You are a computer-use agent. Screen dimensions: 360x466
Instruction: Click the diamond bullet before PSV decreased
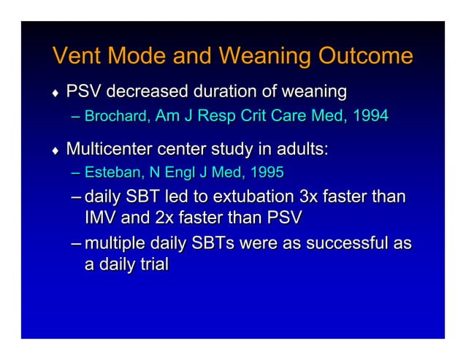tap(54, 93)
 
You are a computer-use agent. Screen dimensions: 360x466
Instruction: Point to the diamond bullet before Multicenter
tap(54, 151)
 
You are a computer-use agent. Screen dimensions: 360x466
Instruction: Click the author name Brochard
tap(118, 115)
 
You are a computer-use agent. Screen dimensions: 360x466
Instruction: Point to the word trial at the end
tap(150, 264)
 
